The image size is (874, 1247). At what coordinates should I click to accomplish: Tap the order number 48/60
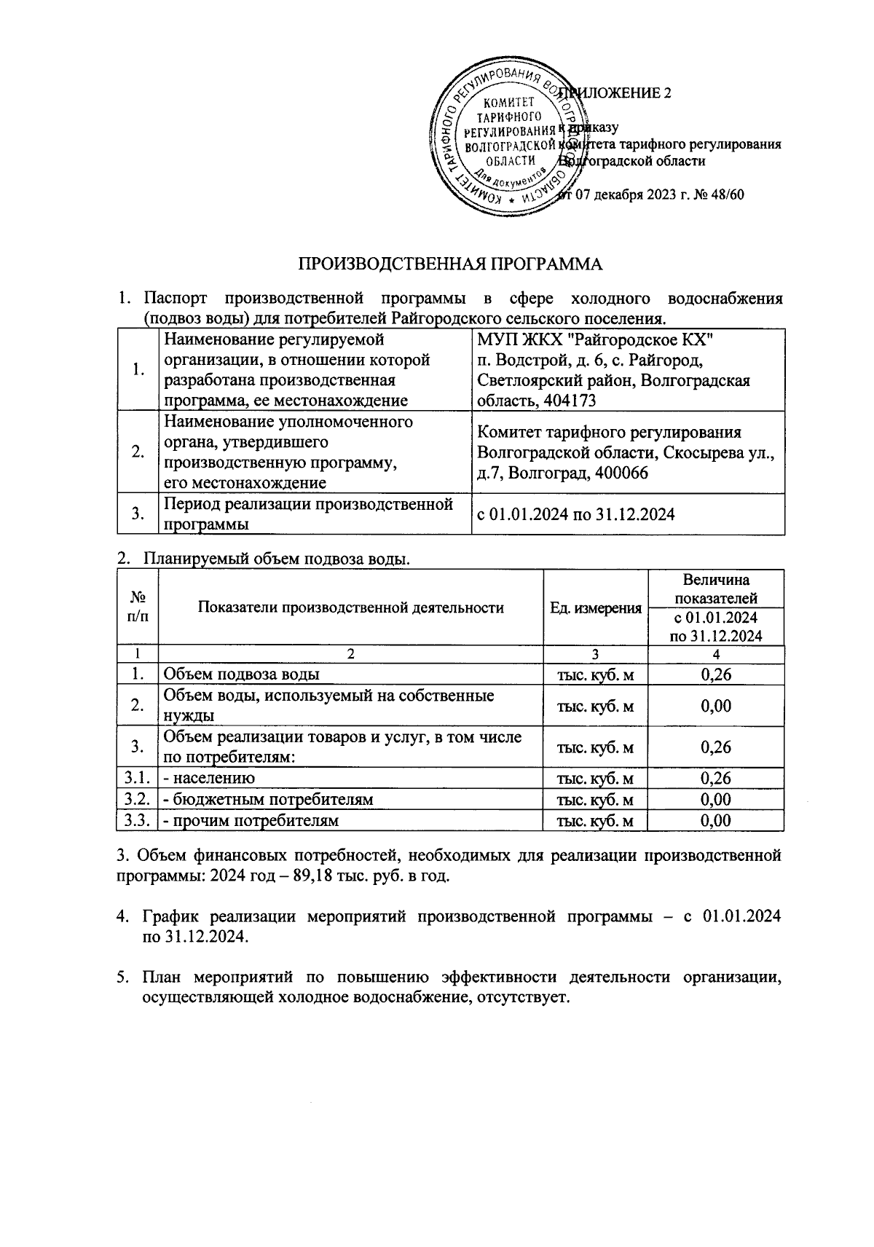pyautogui.click(x=728, y=194)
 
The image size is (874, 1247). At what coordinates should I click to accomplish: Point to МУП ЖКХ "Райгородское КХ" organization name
pyautogui.click(x=594, y=339)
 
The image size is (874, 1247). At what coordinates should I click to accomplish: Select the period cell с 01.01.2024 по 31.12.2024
pyautogui.click(x=575, y=514)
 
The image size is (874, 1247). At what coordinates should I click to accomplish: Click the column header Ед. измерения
pyautogui.click(x=595, y=608)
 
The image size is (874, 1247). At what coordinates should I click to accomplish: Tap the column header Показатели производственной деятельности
pyautogui.click(x=350, y=608)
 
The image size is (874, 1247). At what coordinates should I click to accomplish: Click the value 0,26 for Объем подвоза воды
pyautogui.click(x=715, y=675)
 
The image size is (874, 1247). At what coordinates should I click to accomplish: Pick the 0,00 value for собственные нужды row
pyautogui.click(x=715, y=706)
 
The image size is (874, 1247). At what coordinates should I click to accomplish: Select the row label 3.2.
pyautogui.click(x=137, y=799)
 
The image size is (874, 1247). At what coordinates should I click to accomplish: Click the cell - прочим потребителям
pyautogui.click(x=251, y=820)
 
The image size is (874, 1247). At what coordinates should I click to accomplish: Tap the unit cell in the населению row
pyautogui.click(x=595, y=779)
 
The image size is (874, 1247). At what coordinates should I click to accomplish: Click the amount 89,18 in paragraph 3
pyautogui.click(x=312, y=875)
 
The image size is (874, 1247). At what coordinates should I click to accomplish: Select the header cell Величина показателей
pyautogui.click(x=715, y=589)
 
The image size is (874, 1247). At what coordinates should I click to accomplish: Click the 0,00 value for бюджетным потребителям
pyautogui.click(x=715, y=799)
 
